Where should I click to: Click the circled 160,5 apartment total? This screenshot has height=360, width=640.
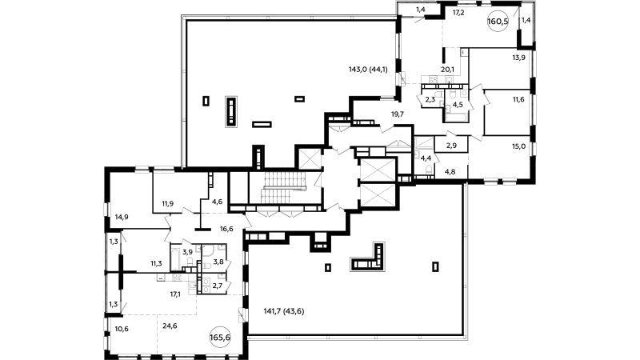pos(498,22)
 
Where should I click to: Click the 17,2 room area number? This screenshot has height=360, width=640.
pos(458,13)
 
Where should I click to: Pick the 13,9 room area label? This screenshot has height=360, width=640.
pos(518,58)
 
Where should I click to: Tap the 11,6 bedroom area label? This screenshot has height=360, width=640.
pos(518,99)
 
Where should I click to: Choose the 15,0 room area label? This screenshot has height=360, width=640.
pos(518,146)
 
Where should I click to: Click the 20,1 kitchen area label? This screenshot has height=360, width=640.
pos(448,70)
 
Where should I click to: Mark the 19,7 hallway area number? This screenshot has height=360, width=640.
pos(398,114)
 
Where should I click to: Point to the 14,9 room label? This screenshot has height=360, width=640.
pos(122,217)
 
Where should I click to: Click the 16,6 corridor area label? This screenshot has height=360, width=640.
pos(226,229)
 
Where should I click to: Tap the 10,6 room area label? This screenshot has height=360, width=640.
pos(122,329)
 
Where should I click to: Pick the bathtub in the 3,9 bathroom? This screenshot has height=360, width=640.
pos(176,257)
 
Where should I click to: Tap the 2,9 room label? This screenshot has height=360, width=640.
pos(451,146)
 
